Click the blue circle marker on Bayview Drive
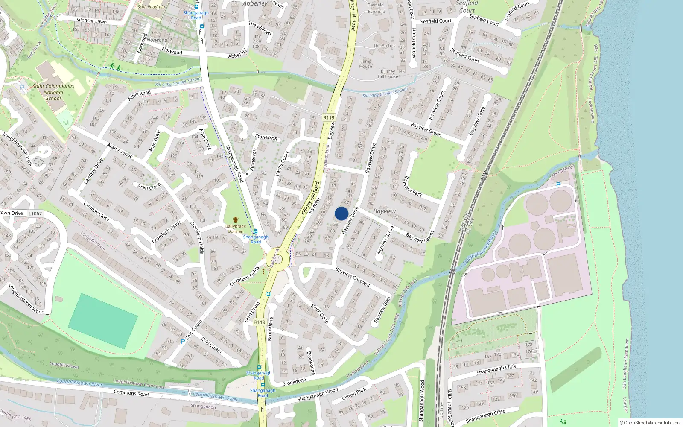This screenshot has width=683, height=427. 341,213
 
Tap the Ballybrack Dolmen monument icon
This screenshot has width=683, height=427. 235,220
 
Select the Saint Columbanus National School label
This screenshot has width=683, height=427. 53,92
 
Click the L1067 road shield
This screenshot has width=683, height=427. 35,213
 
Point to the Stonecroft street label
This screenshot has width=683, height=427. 266,137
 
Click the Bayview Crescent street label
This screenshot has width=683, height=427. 353,277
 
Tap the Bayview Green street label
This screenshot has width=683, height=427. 426,129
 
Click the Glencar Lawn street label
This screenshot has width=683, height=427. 92,20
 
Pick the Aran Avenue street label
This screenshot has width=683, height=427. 120,151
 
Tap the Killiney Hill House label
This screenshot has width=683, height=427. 388,74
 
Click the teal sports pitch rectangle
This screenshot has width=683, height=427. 103,321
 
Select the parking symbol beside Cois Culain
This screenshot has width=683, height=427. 183,341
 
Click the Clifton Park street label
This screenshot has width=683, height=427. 354,393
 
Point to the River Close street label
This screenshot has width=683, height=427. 320,313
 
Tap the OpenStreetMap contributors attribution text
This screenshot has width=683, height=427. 650,423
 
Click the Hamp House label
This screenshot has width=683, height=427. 365,64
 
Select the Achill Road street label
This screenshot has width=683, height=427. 139,96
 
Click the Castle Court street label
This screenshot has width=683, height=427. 282,163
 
